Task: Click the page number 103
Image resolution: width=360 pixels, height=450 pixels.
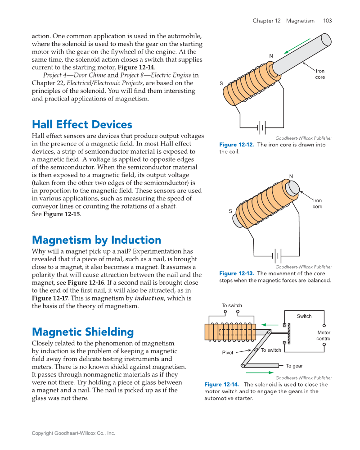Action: pyautogui.click(x=327, y=21)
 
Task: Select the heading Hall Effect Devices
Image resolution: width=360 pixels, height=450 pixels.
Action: pyautogui.click(x=82, y=125)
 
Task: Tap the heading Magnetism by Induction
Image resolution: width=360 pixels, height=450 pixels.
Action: pyautogui.click(x=96, y=240)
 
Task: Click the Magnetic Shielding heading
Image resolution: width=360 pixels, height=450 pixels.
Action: pyautogui.click(x=83, y=332)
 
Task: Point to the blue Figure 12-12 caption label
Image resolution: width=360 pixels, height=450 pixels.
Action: pyautogui.click(x=237, y=145)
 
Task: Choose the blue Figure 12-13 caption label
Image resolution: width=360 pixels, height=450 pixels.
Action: pyautogui.click(x=237, y=273)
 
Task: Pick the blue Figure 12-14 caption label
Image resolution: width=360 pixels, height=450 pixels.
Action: pyautogui.click(x=222, y=385)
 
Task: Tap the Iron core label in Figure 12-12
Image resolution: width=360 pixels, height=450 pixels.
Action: pyautogui.click(x=319, y=74)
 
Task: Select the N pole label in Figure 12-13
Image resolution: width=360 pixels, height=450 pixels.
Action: pyautogui.click(x=291, y=176)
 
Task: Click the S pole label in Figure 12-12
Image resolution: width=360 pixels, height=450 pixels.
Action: pyautogui.click(x=221, y=84)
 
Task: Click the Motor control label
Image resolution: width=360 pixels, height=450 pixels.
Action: pyautogui.click(x=324, y=336)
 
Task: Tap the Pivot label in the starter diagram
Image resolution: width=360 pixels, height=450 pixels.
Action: pyautogui.click(x=228, y=353)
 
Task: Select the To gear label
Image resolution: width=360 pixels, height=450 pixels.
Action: pyautogui.click(x=294, y=366)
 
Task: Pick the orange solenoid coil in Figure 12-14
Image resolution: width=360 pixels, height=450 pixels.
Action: pyautogui.click(x=229, y=332)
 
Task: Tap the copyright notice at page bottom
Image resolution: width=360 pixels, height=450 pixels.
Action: pyautogui.click(x=73, y=433)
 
